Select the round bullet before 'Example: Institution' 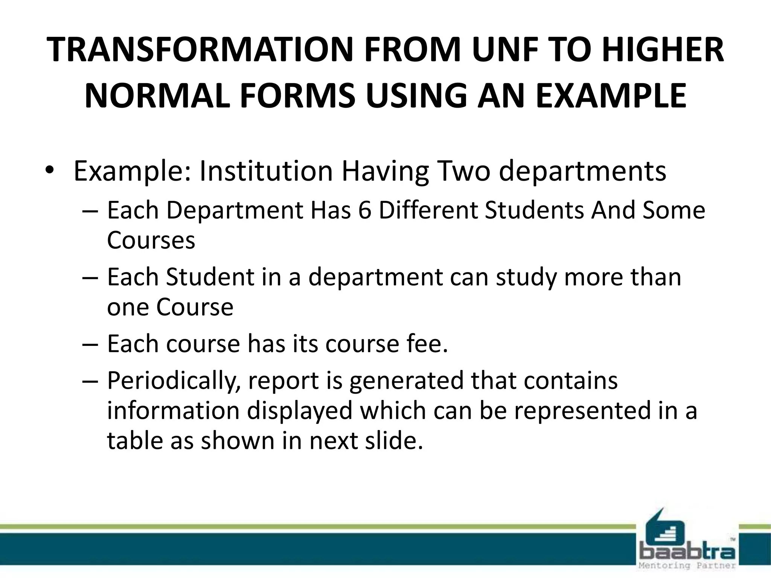click(x=49, y=170)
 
